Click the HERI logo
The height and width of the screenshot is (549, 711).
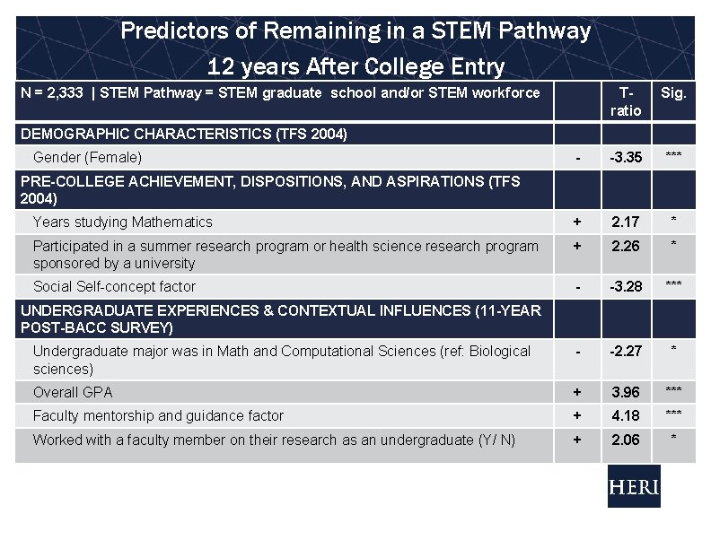click(x=634, y=488)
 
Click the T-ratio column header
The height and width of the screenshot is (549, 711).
click(x=626, y=101)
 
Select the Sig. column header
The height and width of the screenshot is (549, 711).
click(x=672, y=92)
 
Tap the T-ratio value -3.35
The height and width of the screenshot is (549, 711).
click(x=626, y=157)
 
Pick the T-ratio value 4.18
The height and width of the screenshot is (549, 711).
click(x=626, y=415)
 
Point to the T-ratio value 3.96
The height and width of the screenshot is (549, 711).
click(x=626, y=392)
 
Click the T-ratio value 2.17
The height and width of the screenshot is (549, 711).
click(x=626, y=222)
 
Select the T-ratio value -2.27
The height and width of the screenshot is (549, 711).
click(x=626, y=351)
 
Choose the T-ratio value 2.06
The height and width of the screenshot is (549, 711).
click(x=626, y=439)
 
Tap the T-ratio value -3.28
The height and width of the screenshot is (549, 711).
click(x=626, y=286)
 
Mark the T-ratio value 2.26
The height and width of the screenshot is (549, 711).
click(x=626, y=246)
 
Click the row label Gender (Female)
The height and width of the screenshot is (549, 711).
click(x=87, y=157)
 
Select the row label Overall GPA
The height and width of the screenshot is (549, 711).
click(x=73, y=392)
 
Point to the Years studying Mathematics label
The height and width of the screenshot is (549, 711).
click(x=123, y=222)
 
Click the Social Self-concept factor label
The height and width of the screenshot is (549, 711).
click(x=114, y=286)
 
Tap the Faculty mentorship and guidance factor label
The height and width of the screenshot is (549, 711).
click(x=158, y=415)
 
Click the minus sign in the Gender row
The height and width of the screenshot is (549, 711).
click(x=577, y=158)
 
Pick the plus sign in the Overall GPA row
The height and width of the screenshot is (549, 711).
click(x=577, y=392)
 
